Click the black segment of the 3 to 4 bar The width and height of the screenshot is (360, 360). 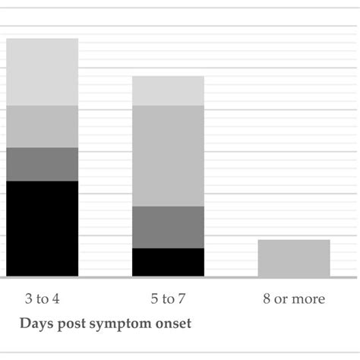tap(42, 228)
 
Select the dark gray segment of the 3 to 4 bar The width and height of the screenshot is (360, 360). tap(42, 164)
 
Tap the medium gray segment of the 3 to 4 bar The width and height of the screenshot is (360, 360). tap(42, 126)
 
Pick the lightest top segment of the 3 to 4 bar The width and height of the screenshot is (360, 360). tap(42, 71)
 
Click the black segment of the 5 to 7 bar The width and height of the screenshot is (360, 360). tap(168, 262)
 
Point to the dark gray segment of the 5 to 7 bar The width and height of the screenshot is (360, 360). tap(168, 227)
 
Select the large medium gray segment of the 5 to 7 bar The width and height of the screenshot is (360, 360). tap(168, 156)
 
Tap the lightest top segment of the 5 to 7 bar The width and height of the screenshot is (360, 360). tap(168, 90)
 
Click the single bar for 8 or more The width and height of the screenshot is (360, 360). tap(294, 258)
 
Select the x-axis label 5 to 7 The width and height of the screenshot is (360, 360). tap(168, 298)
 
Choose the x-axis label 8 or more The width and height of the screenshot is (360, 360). tap(294, 298)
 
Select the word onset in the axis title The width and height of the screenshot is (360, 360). tap(173, 324)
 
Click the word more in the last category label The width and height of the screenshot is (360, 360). tap(310, 299)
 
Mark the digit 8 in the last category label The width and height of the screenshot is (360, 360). tap(266, 298)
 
